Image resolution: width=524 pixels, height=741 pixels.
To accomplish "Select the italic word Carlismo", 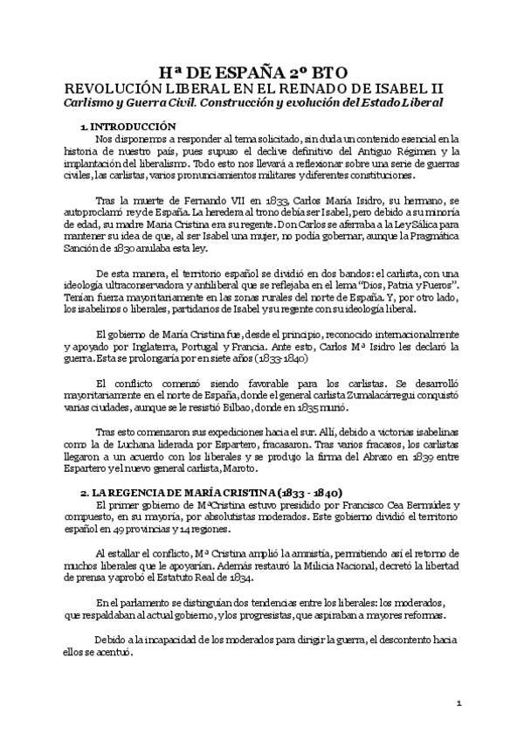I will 91,102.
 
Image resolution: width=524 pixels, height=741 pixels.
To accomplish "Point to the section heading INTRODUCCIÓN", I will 134,127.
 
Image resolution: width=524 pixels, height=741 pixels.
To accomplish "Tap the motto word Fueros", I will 433,286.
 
